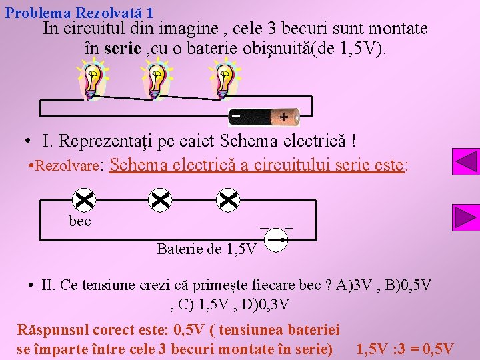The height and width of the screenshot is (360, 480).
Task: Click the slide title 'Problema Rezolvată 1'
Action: coord(79,12)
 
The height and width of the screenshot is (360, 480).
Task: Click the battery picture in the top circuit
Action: coord(264,117)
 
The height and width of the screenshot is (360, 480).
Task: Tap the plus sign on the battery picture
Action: coord(283,117)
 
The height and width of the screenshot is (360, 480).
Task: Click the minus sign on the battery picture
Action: coord(236,117)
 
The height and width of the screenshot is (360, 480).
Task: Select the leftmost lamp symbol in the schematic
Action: coord(85,199)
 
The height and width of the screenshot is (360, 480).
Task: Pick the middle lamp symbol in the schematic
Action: coord(161,199)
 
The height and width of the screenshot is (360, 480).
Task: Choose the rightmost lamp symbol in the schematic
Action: coord(228,199)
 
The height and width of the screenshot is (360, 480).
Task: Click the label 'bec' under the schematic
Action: coord(80,221)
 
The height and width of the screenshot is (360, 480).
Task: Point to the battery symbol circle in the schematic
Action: coord(276,239)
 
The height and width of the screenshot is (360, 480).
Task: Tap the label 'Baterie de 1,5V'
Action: coord(206,249)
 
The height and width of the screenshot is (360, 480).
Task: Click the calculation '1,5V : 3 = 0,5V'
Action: coord(405,349)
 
